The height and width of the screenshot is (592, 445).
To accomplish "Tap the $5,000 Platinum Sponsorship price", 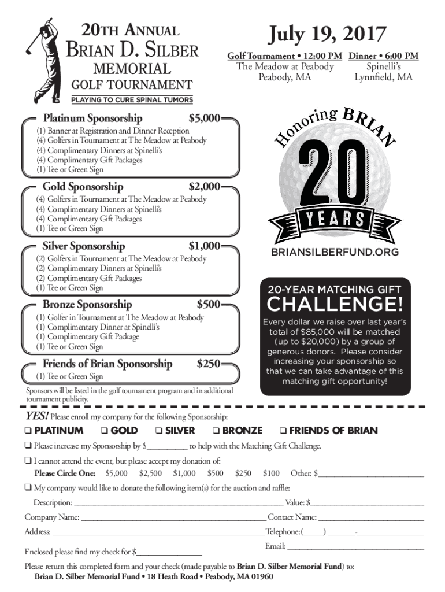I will point(204,118).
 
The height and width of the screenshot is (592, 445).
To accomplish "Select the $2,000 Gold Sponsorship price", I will point(204,187).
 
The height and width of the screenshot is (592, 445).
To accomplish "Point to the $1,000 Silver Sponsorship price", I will point(204,246).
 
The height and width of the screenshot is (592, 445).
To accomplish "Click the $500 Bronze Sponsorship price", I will point(208,304).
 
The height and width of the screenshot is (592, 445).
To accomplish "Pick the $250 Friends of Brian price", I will point(208,364).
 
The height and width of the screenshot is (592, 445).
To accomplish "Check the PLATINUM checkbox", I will point(28,431).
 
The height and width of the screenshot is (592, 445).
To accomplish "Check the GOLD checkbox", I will point(104,431).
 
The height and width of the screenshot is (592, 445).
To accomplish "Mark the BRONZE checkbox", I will point(216,431).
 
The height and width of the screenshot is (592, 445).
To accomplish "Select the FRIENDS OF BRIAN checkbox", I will point(283,431).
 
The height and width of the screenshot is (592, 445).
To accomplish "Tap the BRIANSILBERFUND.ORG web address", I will point(335,253).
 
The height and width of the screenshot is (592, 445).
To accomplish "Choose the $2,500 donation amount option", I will point(150,473).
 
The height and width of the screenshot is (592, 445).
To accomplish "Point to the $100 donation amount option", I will point(271,473).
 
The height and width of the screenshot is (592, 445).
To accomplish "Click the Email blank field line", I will point(355,546).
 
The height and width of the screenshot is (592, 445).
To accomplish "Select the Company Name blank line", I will point(173,517).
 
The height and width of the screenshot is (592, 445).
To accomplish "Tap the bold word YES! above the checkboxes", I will point(36,416).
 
